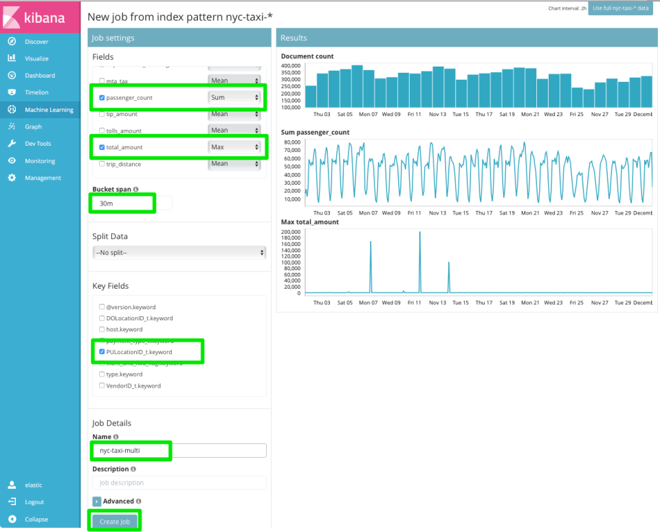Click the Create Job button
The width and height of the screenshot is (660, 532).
pos(115,522)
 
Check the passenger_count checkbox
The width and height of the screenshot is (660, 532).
pos(102,98)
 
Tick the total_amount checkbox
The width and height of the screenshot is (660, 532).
pos(102,147)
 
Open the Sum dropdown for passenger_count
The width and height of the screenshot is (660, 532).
pos(235,98)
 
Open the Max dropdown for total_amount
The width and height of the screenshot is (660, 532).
pos(235,147)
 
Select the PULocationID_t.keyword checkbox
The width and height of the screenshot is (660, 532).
pos(102,352)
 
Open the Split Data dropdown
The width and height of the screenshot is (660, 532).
pos(179,253)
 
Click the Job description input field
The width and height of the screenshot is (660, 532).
pos(179,483)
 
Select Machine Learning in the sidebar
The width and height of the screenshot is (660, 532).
pos(49,109)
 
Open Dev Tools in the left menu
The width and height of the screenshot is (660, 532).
pos(38,144)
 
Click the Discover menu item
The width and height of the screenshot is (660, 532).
pos(36,41)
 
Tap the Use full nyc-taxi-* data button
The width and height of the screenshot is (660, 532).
pos(620,8)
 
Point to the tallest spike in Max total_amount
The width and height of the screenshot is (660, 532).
pos(419,234)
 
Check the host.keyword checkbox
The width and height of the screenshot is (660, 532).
pos(102,330)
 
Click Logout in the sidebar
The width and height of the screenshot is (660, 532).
pos(34,502)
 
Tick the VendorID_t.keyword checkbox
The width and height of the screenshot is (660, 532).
pos(102,386)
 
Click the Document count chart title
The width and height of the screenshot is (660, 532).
pos(307,56)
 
